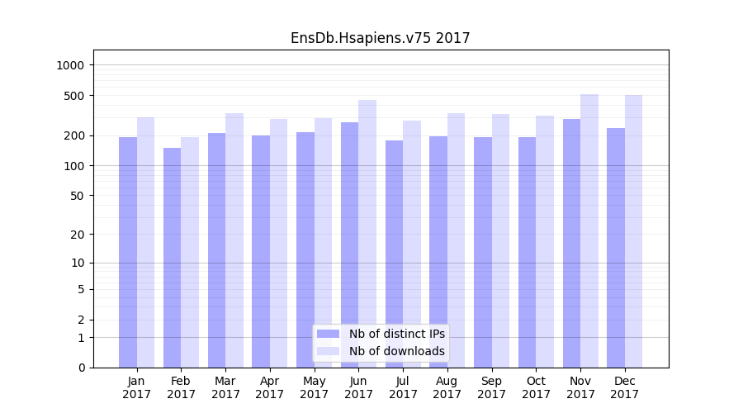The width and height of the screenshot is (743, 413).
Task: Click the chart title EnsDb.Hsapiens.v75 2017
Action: coord(380,38)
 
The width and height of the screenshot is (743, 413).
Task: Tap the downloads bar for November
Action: coord(589,231)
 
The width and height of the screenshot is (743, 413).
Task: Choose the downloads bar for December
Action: coord(634,231)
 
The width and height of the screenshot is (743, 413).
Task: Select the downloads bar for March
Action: coord(234,240)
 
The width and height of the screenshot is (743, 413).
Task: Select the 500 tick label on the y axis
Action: coord(76,96)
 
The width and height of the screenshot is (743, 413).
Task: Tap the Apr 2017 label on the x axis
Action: coord(270,387)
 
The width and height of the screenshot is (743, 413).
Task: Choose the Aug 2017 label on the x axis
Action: coord(447,387)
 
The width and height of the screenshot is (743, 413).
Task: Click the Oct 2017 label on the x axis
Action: coord(536,387)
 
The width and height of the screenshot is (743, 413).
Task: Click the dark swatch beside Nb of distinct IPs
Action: coord(329,334)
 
